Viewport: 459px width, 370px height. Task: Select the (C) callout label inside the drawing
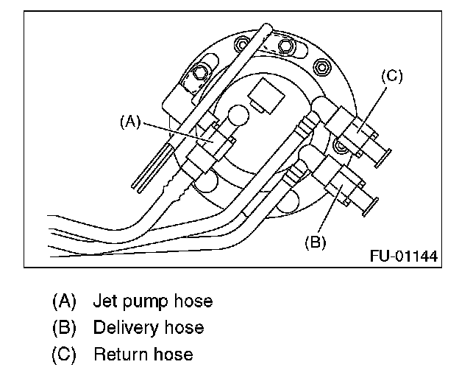point(391,76)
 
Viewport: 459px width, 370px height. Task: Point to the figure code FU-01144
point(404,256)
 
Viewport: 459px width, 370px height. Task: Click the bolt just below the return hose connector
point(340,148)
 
